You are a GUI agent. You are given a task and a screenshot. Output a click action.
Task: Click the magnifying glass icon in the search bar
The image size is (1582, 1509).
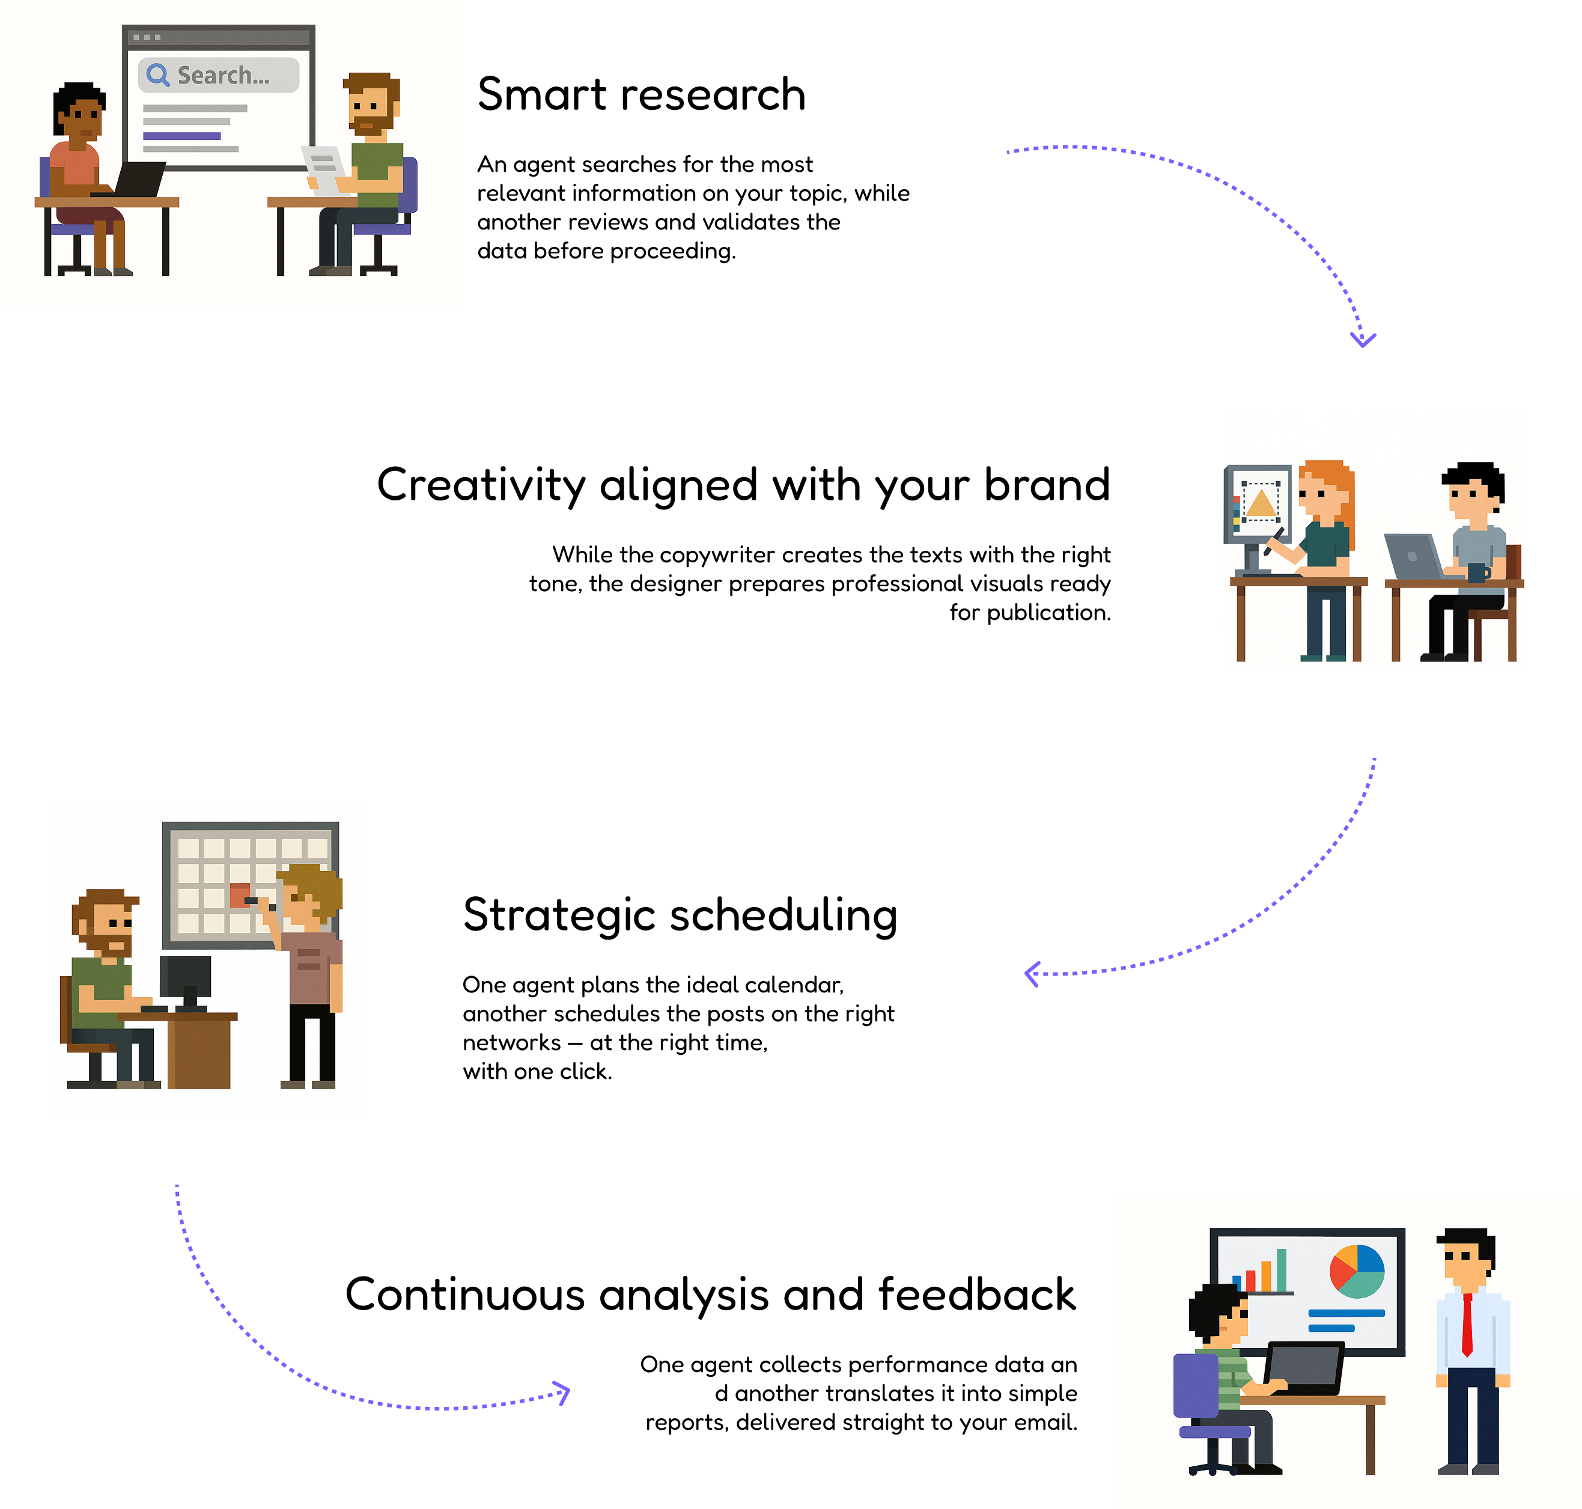[157, 75]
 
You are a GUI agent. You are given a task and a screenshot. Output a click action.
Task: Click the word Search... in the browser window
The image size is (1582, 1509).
[223, 76]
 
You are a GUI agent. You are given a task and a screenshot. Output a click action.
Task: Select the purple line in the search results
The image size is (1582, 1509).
[182, 136]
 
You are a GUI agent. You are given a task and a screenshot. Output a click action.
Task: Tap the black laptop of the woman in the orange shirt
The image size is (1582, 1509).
[138, 178]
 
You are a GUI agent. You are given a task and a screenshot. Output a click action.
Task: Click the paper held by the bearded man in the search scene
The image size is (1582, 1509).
[324, 169]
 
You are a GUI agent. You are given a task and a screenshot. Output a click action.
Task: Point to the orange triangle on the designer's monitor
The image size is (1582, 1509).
[1260, 503]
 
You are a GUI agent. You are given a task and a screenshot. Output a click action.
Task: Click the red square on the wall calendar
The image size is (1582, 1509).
[240, 895]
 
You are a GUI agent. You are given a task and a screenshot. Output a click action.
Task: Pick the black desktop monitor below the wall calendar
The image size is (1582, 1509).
[185, 978]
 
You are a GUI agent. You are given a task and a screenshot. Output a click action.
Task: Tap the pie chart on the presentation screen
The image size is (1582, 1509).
[1357, 1271]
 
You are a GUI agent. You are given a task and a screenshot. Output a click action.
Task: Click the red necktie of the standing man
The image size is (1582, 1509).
[1467, 1324]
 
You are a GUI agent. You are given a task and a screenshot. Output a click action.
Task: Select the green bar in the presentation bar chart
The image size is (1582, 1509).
[1282, 1270]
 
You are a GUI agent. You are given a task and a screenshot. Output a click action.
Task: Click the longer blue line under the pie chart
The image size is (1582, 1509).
[1346, 1313]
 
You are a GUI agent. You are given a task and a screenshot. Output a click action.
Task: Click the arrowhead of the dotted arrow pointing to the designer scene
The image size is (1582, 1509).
[1363, 339]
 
